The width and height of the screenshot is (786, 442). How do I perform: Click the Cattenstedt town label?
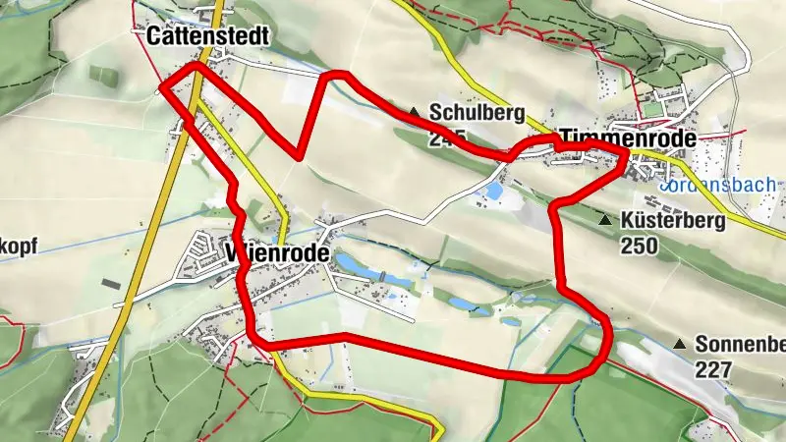click(x=206, y=36)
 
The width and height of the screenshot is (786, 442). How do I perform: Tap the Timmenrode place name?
click(x=629, y=138)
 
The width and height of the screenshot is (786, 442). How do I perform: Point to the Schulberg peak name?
click(x=477, y=112)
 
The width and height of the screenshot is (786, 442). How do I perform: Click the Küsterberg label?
click(x=673, y=221)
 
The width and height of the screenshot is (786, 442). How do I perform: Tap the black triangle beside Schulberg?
click(x=416, y=112)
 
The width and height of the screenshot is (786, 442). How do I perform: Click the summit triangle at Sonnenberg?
click(x=680, y=345)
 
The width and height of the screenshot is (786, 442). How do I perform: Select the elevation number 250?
click(x=639, y=245)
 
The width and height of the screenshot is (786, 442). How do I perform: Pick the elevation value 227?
click(x=713, y=369)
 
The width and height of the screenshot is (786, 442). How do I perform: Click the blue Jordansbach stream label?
click(x=718, y=185)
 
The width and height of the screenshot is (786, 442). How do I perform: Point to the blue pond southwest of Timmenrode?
click(x=495, y=191)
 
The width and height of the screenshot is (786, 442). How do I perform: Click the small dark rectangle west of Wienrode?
click(x=110, y=284)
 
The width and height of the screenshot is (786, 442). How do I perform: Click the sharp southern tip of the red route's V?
click(x=299, y=155)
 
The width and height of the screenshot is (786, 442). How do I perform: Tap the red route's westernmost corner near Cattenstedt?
click(x=161, y=88)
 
